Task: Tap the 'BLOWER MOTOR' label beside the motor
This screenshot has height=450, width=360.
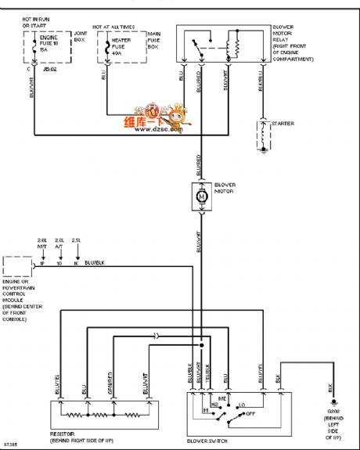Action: (227, 189)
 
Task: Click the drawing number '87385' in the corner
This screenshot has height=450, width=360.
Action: (13, 444)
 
